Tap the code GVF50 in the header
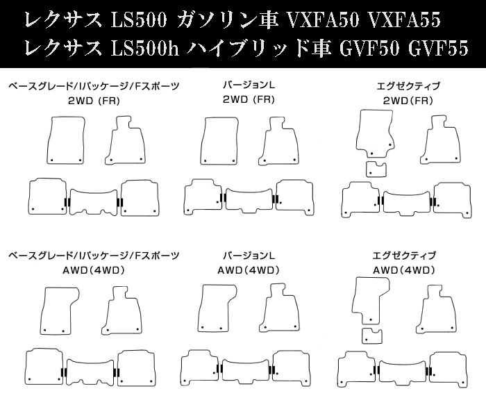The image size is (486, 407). [369, 49]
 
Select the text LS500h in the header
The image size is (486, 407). [144, 49]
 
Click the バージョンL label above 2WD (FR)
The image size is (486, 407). [249, 85]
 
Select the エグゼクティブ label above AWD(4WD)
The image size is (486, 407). [404, 256]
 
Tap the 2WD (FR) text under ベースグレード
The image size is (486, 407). [94, 101]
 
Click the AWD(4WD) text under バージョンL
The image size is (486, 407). [249, 270]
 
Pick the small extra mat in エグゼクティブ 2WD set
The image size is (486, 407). [376, 169]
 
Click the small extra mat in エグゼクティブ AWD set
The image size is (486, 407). [372, 336]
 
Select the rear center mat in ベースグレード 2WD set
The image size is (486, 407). [94, 202]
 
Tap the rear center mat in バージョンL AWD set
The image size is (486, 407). [246, 371]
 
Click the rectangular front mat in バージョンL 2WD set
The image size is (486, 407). [219, 140]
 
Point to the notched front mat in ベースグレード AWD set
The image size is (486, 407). [60, 310]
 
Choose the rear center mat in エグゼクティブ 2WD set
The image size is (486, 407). [407, 203]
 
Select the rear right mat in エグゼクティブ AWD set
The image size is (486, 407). [449, 369]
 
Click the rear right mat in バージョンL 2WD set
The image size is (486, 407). [294, 197]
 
